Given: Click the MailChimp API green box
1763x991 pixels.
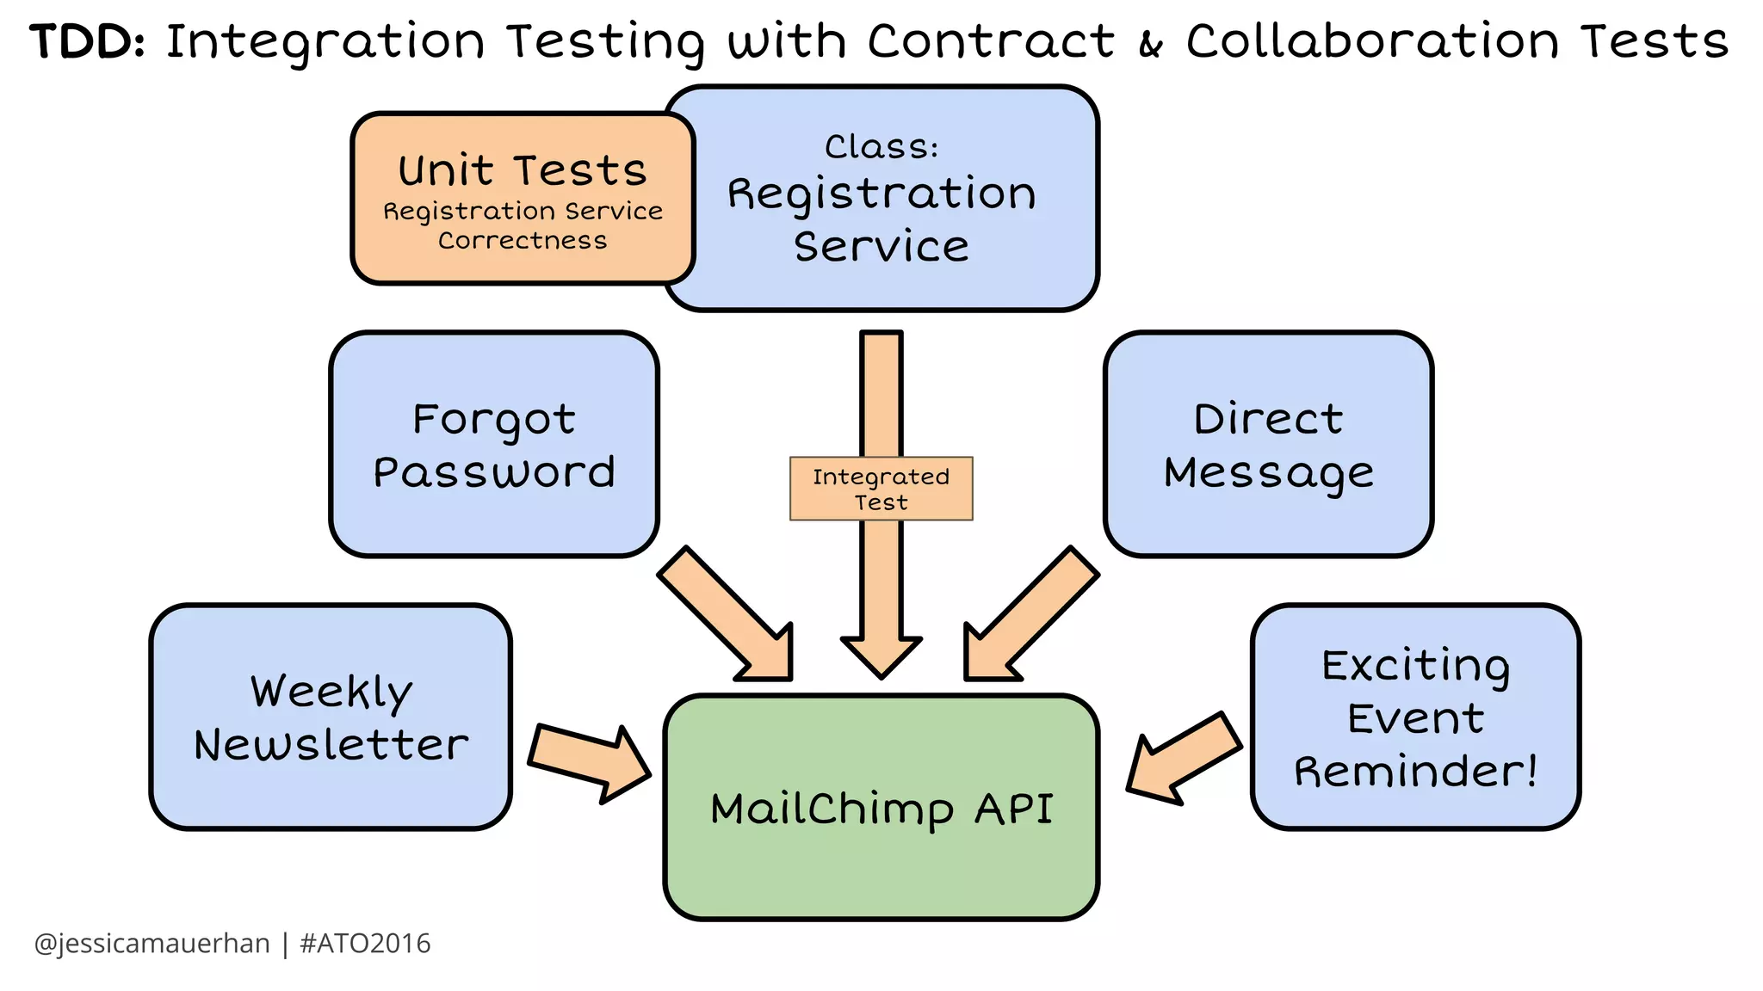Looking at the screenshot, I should point(881,809).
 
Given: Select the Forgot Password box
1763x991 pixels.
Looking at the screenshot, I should point(493,445).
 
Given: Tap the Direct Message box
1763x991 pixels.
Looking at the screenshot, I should point(1268,445).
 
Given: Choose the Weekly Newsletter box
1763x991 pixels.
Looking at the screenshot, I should point(331,717).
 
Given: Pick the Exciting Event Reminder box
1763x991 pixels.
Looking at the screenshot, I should point(1415,717).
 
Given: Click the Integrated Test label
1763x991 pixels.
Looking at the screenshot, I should point(881,489).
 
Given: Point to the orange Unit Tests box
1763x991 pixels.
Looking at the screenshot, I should point(523,198).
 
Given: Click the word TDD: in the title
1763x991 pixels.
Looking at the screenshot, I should point(87,41).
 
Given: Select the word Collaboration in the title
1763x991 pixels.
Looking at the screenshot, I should point(1372,41).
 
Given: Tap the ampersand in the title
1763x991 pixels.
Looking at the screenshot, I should point(1150,45).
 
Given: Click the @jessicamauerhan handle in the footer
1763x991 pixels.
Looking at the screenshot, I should point(152,944).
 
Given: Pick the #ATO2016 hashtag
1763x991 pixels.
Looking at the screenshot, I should point(365,944).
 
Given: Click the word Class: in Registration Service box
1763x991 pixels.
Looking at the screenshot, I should point(881,146).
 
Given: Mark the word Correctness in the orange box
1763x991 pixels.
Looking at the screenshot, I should point(523,241).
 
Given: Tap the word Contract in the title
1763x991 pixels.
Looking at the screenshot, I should point(991,41).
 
